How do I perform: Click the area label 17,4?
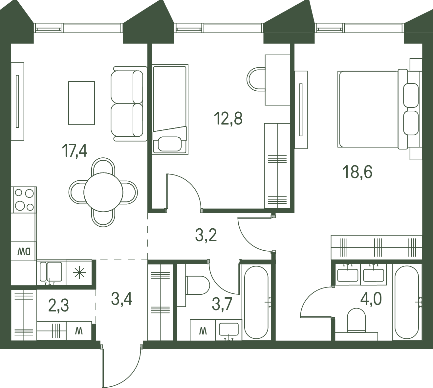(x=75, y=150)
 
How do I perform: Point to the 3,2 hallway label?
(x=206, y=235)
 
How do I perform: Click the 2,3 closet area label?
(x=59, y=306)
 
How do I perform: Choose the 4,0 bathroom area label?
(x=371, y=299)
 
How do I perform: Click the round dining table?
(x=103, y=192)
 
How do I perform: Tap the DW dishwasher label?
(x=24, y=252)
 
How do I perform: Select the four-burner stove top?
(x=24, y=200)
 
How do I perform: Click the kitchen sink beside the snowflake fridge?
(x=51, y=272)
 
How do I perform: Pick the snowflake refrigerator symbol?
(x=79, y=272)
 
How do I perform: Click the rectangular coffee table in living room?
(x=81, y=103)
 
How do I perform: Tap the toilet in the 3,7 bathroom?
(x=197, y=285)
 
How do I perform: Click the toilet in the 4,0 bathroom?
(x=356, y=320)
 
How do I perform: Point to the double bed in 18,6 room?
(x=379, y=109)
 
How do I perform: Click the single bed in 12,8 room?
(x=170, y=109)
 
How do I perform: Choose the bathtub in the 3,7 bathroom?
(x=256, y=302)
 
